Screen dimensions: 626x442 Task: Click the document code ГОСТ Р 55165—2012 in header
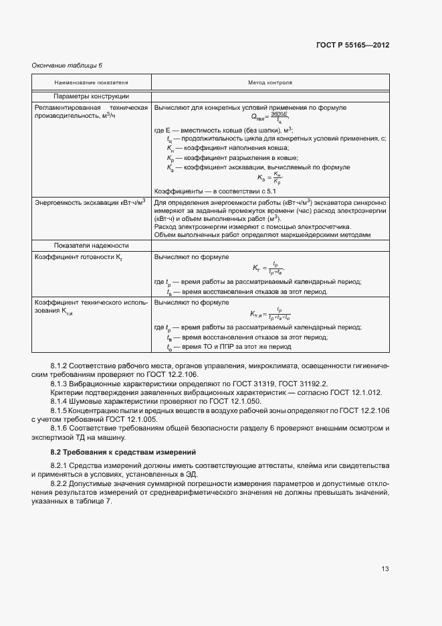(352, 46)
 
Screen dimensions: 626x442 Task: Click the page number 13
(384, 569)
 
